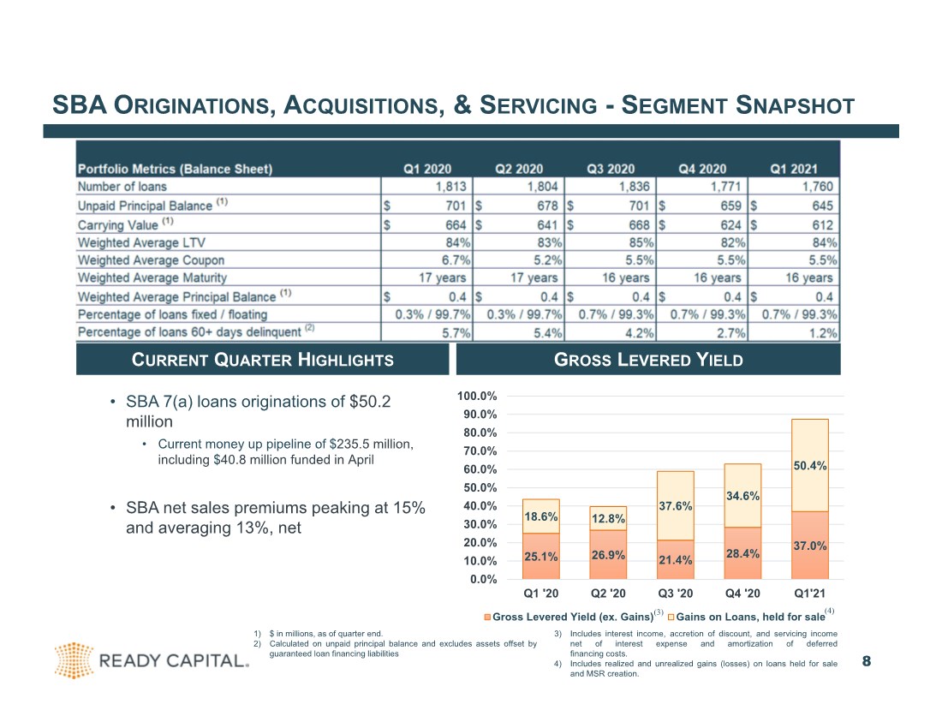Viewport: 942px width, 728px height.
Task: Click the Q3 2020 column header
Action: click(611, 169)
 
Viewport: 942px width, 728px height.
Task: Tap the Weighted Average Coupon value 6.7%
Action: click(456, 260)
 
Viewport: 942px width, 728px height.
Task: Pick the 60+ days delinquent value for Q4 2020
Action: click(731, 333)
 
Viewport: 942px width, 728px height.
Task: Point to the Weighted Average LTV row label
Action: click(141, 242)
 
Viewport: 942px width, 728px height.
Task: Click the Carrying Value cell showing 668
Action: click(638, 224)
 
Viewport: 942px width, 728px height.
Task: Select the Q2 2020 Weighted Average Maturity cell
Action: click(534, 277)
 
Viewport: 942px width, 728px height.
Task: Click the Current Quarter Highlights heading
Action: click(263, 360)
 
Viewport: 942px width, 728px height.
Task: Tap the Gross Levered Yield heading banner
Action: click(648, 360)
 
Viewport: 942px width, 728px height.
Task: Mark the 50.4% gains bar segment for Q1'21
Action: click(810, 466)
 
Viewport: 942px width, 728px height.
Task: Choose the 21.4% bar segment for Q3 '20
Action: click(676, 560)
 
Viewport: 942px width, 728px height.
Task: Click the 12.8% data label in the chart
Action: click(608, 518)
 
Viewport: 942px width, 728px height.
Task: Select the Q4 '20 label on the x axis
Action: click(742, 594)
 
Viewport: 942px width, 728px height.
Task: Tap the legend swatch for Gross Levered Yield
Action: click(488, 617)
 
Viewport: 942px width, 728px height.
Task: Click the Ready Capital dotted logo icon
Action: click(74, 660)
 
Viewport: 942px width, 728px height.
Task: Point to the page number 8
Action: click(867, 661)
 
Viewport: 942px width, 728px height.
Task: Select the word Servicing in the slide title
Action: click(539, 105)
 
